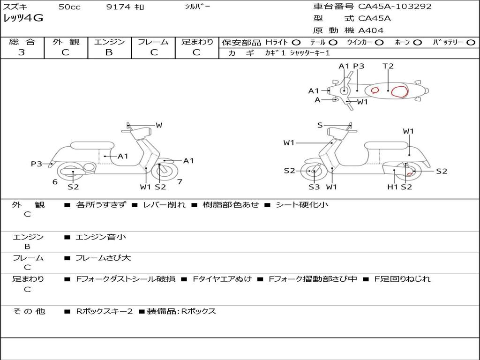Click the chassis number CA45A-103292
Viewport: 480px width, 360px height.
coord(395,7)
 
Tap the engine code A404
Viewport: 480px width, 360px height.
coord(371,30)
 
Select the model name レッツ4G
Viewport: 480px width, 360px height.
coord(23,18)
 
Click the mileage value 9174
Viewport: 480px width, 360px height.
coord(118,7)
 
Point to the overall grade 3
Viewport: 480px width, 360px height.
coord(22,52)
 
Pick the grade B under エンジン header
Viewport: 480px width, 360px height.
coord(109,52)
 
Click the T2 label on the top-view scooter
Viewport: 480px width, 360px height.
coord(388,66)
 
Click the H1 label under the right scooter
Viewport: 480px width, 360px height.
coord(392,187)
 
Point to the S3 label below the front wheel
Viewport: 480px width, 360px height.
coord(314,187)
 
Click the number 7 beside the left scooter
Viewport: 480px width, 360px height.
coord(180,182)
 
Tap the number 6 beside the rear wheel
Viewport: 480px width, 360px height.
coord(55,182)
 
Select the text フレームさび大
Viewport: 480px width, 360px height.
coord(103,258)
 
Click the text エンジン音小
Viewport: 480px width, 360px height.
coord(100,237)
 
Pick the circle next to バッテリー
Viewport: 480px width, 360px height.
coord(471,43)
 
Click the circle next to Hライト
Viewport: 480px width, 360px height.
coord(296,43)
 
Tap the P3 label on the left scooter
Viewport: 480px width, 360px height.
coord(37,164)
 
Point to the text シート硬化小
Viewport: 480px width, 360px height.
coord(302,204)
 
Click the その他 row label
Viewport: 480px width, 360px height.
coord(29,311)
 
